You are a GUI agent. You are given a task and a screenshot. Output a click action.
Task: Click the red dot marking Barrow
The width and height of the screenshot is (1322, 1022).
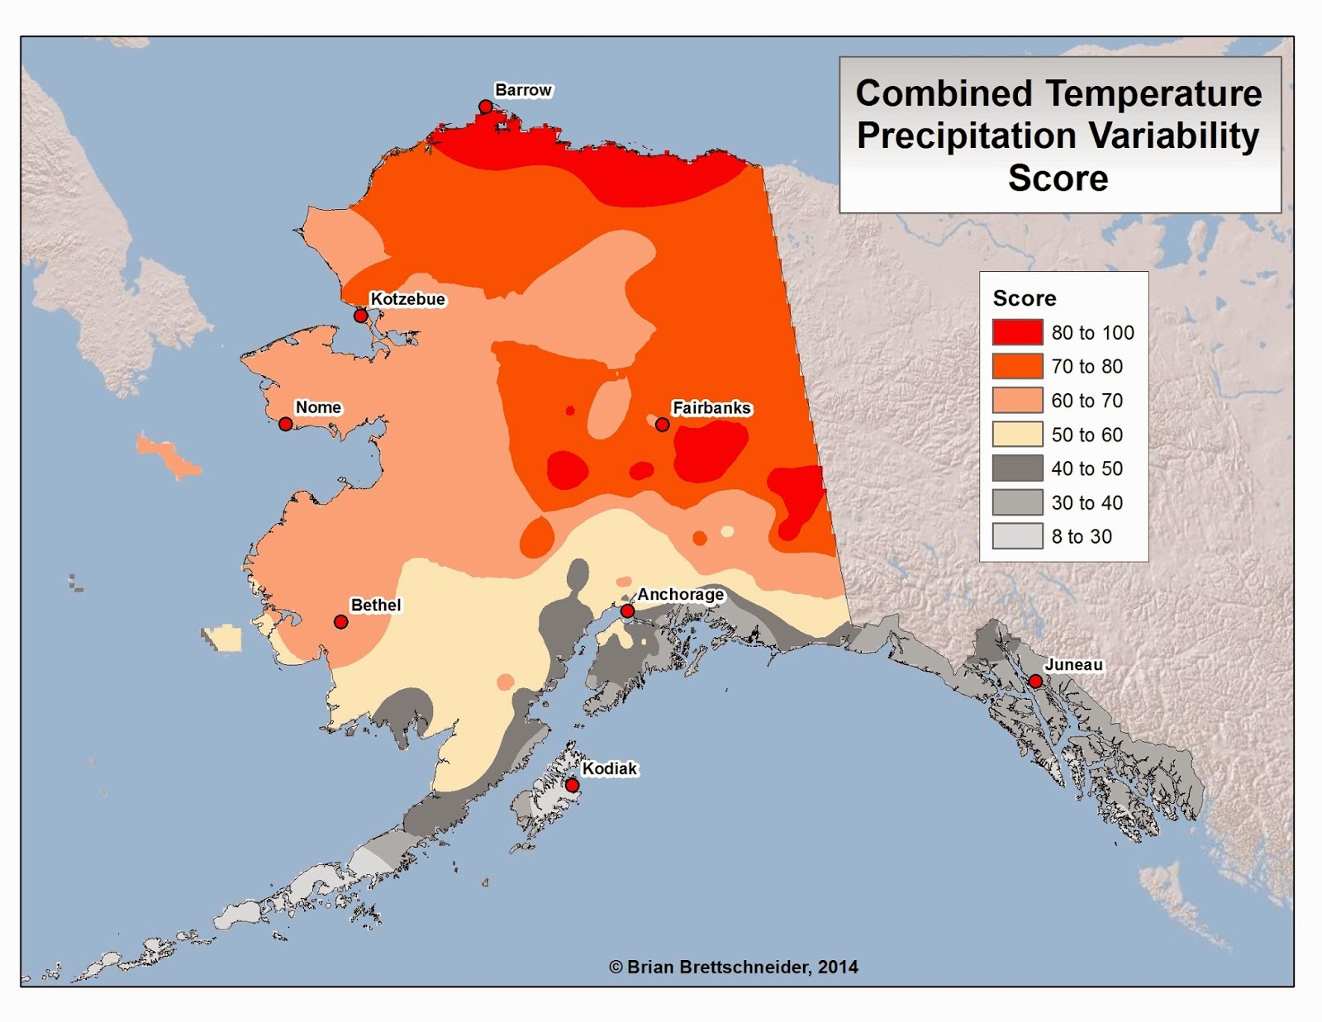click(486, 107)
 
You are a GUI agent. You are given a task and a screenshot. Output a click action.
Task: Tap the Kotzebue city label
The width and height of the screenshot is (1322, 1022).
click(407, 299)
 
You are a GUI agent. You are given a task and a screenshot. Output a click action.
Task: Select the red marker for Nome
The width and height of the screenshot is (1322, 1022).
click(286, 424)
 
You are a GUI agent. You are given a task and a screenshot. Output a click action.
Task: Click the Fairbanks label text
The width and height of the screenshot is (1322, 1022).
click(711, 407)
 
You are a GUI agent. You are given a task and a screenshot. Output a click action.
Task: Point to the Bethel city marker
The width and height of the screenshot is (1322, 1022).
click(340, 622)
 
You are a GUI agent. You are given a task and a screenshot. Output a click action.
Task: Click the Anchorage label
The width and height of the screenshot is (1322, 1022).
click(680, 594)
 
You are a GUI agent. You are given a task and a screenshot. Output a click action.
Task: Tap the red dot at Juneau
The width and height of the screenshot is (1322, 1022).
click(1035, 682)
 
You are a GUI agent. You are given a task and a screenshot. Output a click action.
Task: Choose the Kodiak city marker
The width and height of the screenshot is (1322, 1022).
click(572, 785)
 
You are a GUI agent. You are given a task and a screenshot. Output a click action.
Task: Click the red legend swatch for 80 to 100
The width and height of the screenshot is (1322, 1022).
click(1017, 332)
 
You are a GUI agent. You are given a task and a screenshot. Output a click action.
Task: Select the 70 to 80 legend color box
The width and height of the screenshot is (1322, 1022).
click(1017, 366)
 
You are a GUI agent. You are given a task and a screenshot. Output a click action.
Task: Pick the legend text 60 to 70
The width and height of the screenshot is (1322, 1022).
click(1087, 401)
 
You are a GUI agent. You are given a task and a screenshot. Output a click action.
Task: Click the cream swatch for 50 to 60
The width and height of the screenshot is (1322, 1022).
click(1017, 435)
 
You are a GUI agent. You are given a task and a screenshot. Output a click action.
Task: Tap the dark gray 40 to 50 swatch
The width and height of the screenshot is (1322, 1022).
click(1017, 468)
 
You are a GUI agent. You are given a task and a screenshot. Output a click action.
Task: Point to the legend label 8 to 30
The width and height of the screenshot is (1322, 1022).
click(1082, 537)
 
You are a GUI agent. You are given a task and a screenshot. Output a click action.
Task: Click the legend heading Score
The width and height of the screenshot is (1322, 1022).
click(1025, 298)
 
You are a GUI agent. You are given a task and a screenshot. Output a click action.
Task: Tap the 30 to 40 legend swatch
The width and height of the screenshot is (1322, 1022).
click(1017, 502)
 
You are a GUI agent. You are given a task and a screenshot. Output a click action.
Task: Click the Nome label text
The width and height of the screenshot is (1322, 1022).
click(318, 407)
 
